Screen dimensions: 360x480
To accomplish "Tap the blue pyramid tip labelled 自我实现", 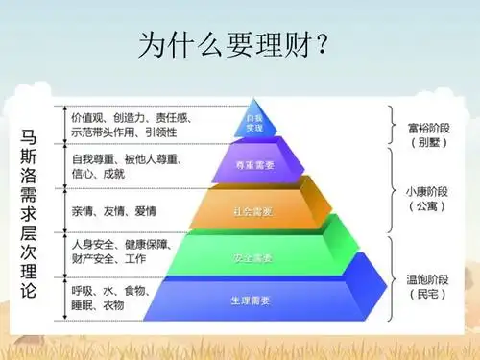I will click(x=253, y=122).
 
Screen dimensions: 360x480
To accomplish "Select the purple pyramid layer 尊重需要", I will click(x=253, y=164).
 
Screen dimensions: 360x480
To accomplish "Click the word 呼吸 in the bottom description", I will click(x=83, y=289).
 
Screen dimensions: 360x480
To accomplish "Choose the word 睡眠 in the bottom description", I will click(x=83, y=304).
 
